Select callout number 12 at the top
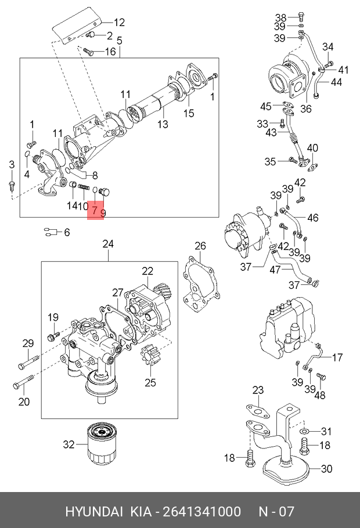point(119,23)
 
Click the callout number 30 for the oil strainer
point(326,469)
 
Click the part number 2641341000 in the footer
point(202,512)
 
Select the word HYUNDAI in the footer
point(93,512)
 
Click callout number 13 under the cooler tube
point(163,124)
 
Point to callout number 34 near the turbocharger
point(328,47)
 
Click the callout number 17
point(337,357)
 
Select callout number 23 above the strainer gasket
point(258,390)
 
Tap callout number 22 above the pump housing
point(147,270)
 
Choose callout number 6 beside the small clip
point(67,233)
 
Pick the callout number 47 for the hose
point(291,269)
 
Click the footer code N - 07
point(276,512)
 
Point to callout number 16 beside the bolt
point(110,52)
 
